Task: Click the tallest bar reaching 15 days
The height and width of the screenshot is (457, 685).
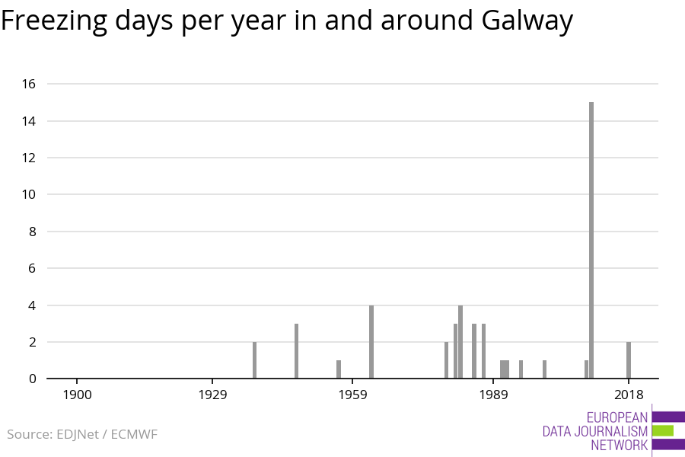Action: [591, 240]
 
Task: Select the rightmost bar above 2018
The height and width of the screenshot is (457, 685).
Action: [629, 360]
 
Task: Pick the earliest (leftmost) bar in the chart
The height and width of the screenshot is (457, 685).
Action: [255, 360]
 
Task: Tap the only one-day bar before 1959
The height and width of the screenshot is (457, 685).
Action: [339, 369]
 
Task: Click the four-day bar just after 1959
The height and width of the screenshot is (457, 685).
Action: [371, 341]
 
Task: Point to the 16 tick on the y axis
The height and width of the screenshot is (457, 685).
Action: [29, 84]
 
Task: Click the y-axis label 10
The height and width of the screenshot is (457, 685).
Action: [29, 194]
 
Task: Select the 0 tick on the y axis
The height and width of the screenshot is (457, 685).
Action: [32, 379]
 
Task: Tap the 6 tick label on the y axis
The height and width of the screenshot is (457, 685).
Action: [32, 268]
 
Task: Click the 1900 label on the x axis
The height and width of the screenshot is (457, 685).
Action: [78, 395]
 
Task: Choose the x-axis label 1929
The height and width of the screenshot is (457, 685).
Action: [213, 395]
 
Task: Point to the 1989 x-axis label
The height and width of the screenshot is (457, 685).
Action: [494, 395]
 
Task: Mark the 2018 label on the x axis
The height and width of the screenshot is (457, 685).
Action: [629, 395]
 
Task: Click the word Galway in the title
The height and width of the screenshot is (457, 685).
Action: [527, 21]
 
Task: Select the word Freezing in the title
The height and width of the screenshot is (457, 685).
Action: [54, 21]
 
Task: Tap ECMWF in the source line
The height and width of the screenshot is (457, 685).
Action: [134, 434]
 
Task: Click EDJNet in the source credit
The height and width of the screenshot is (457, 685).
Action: [78, 434]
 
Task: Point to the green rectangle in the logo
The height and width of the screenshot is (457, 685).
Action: [663, 431]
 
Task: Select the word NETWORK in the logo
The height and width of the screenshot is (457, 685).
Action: [620, 445]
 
